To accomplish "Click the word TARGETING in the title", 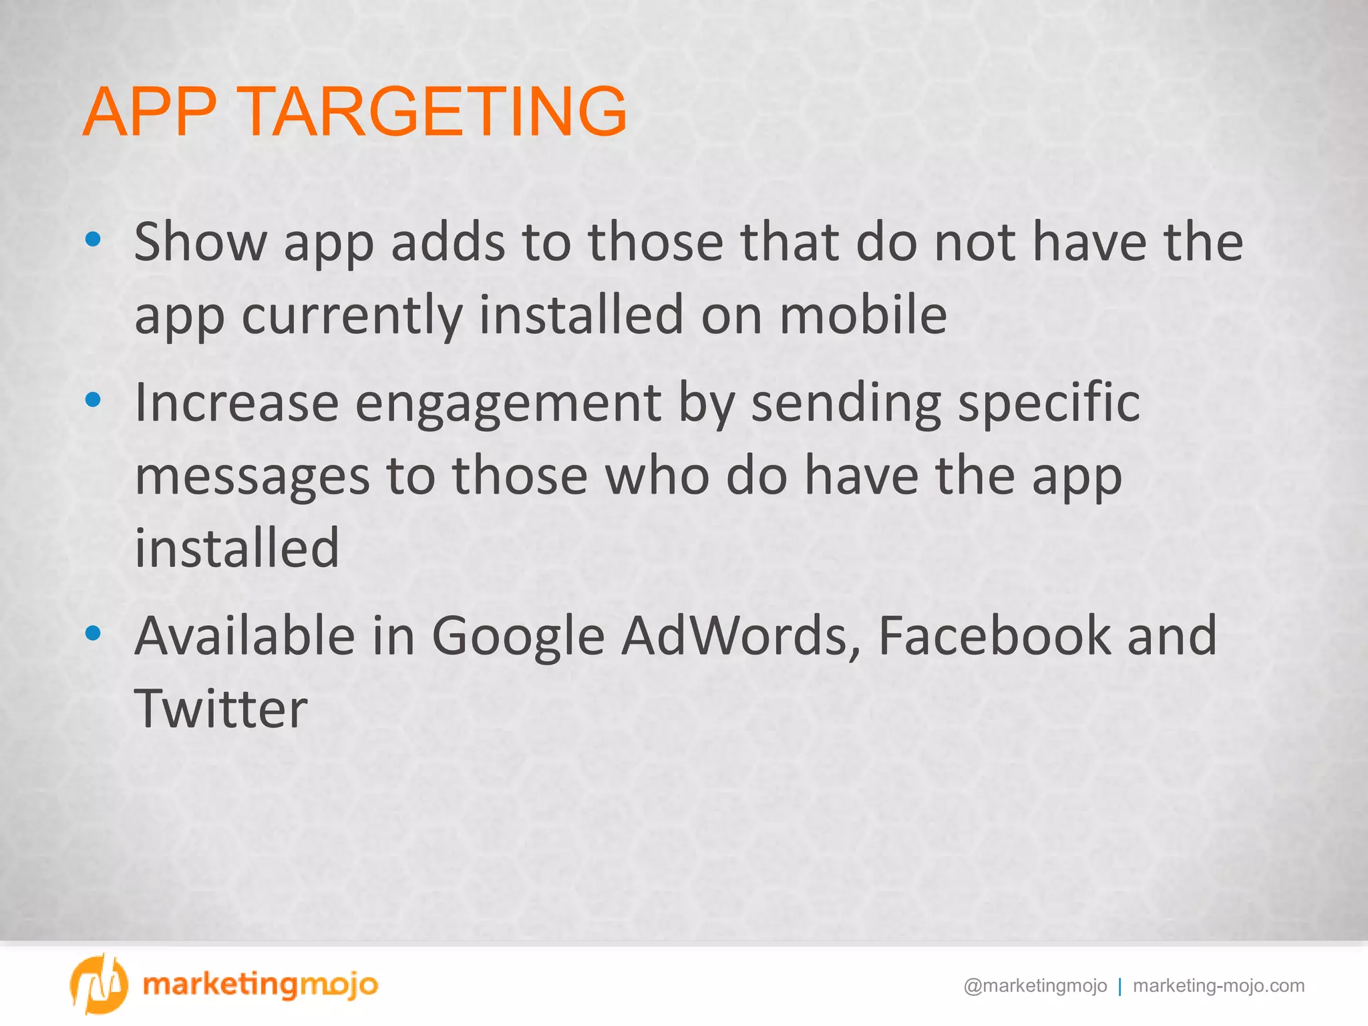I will coord(433,112).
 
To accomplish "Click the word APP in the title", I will coord(150,112).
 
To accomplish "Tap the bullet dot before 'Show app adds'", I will coord(94,239).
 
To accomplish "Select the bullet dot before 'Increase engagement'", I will coord(94,399).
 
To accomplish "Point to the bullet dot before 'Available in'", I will coord(94,633).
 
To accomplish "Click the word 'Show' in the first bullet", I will coord(200,242).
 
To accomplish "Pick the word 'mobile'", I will coord(863,315).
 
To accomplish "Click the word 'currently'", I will coord(351,315).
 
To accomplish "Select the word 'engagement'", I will coord(508,404).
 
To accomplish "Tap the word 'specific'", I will coord(1049,403).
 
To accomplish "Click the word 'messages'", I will coord(252,476).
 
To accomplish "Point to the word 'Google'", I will coord(518,637).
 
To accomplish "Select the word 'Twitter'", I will coord(221,709).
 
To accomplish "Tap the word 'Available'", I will coord(244,635).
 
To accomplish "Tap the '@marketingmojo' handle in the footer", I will coord(1035,986).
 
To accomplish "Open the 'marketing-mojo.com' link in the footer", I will coord(1218,986).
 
